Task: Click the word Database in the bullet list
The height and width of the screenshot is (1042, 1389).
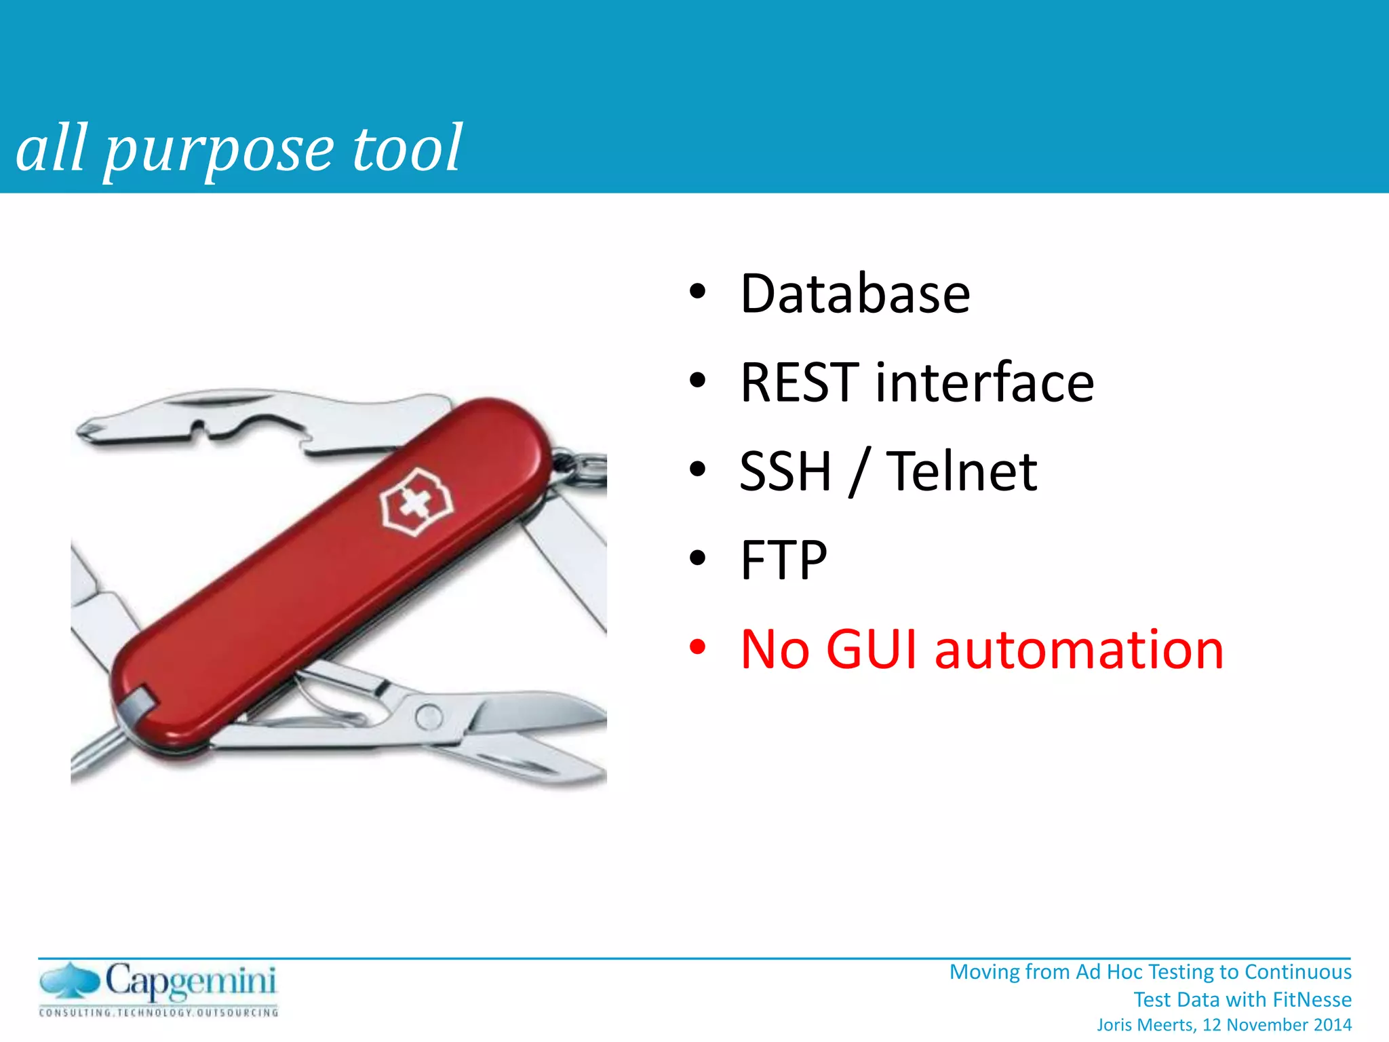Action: point(855,294)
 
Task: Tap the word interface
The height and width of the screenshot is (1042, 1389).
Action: point(985,383)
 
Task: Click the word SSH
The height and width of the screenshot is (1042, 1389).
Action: point(785,471)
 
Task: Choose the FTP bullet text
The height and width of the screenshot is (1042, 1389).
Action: point(783,560)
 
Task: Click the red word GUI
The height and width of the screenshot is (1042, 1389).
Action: point(871,650)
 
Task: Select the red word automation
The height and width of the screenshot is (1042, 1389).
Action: point(1079,650)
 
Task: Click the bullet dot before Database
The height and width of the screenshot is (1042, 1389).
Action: point(697,292)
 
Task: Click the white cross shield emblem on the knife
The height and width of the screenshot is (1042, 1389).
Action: point(415,503)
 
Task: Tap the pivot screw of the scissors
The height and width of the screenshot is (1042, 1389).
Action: point(429,716)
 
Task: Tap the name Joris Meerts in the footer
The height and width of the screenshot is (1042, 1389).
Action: point(1146,1025)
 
